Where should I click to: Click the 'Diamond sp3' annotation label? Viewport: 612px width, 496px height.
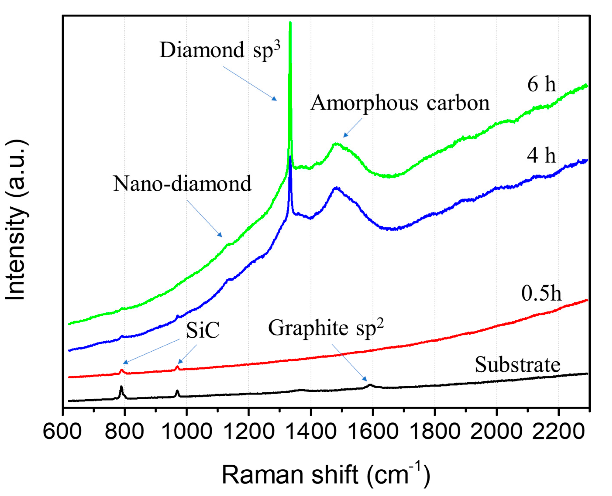click(220, 51)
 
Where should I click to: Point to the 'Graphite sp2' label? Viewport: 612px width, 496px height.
click(326, 328)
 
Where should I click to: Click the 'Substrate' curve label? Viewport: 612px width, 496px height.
click(517, 365)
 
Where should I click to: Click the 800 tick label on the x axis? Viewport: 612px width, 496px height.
click(124, 431)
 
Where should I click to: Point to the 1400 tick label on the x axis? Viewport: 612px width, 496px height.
click(310, 431)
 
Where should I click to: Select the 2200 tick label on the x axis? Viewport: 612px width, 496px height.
click(558, 431)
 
